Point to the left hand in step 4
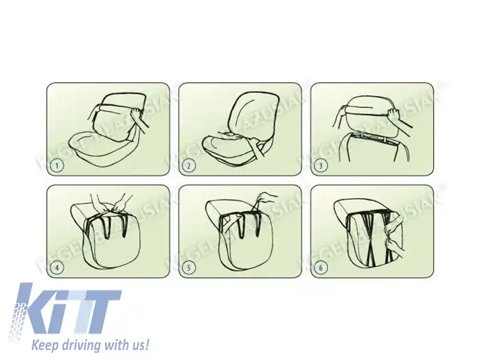(96, 201)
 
